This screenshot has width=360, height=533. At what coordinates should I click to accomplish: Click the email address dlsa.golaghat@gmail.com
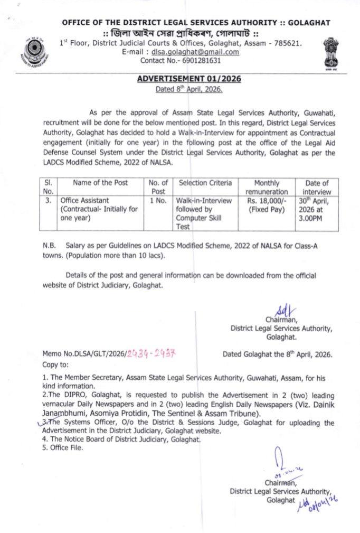[x=195, y=52]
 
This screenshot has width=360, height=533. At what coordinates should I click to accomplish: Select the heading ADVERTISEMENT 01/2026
[x=188, y=79]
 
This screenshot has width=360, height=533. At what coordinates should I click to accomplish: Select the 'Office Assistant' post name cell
[x=99, y=209]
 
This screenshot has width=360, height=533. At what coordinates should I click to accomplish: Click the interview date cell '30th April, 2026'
[x=317, y=209]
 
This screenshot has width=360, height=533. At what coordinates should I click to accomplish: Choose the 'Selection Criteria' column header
[x=205, y=183]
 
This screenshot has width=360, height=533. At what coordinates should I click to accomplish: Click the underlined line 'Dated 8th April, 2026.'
[x=188, y=89]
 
